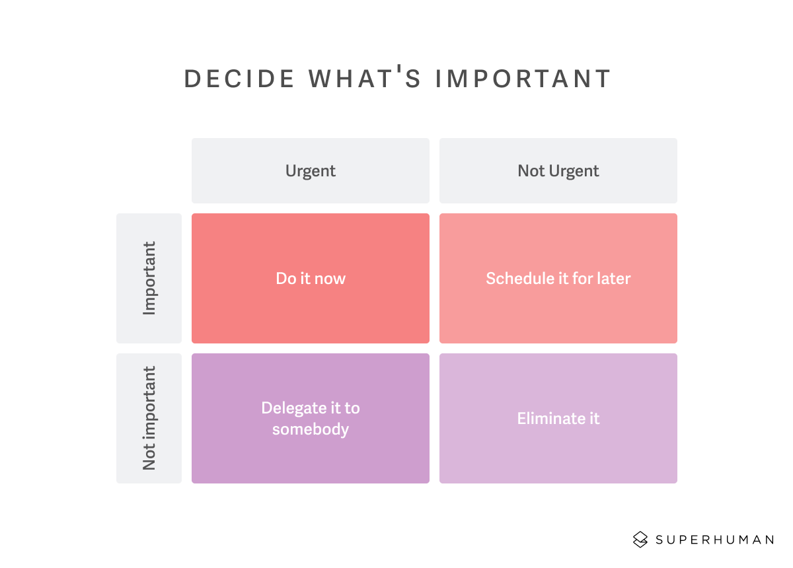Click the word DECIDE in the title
(239, 78)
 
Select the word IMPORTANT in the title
(523, 78)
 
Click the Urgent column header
(311, 171)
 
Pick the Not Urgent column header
(558, 171)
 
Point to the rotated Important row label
(149, 278)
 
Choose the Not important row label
(149, 418)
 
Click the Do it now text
(311, 279)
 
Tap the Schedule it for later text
(558, 279)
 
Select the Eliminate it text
(558, 419)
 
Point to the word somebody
(311, 429)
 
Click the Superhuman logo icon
(640, 540)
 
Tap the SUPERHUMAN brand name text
(714, 540)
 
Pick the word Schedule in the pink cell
(517, 279)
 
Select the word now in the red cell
(330, 279)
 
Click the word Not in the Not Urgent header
(531, 171)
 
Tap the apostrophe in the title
(400, 69)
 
